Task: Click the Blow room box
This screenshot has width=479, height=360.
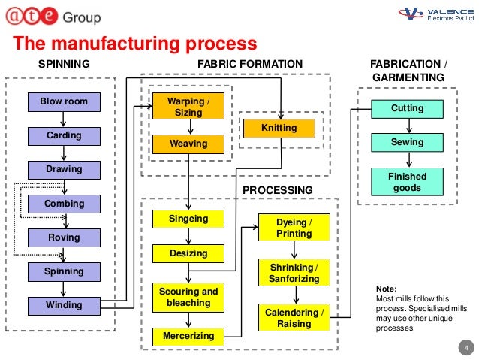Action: point(64,101)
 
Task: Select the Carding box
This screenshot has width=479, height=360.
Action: point(64,135)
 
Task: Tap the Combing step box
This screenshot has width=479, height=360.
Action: point(64,204)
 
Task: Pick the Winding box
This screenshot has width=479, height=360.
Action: point(64,305)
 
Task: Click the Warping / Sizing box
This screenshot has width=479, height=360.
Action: point(188,107)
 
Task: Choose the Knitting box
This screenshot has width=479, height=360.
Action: point(279,128)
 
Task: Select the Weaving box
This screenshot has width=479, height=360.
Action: point(188,143)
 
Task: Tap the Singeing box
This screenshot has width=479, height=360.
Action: point(188,219)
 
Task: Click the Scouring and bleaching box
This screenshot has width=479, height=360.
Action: point(188,297)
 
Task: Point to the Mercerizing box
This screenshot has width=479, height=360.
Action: point(188,336)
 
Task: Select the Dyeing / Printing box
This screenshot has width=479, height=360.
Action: point(294,228)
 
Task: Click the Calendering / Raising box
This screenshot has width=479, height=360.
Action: point(294,318)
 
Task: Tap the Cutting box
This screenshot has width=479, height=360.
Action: point(408,108)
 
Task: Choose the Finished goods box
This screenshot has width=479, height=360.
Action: point(408,182)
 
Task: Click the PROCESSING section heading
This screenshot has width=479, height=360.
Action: point(277,190)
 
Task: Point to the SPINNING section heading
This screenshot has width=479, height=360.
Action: point(64,65)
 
